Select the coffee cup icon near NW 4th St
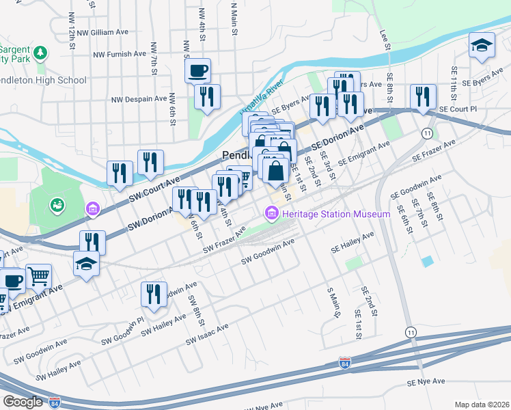click(197, 70)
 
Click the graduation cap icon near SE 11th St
click(482, 45)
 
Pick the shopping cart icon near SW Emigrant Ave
click(38, 276)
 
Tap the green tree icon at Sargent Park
click(40, 53)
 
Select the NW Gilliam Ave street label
click(102, 32)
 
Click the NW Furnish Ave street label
click(120, 53)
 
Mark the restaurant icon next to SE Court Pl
click(423, 96)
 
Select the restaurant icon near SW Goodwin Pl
click(154, 293)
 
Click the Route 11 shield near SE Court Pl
click(428, 131)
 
